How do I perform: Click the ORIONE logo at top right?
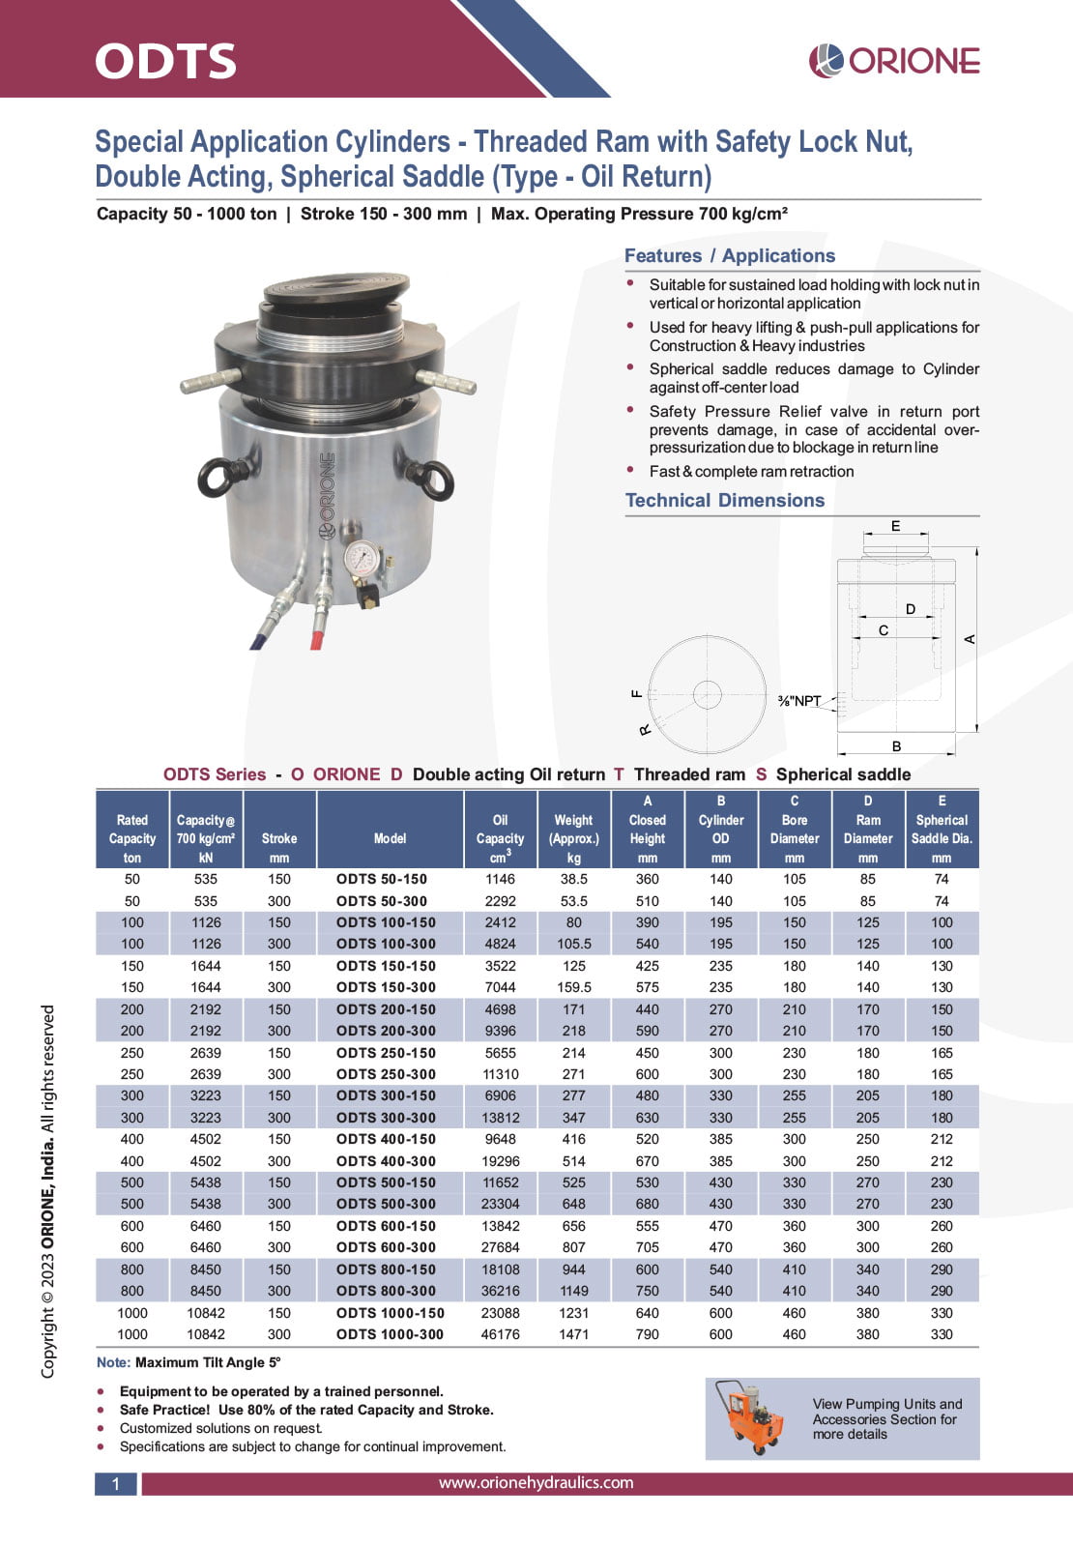click(894, 61)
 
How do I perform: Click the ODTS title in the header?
click(165, 61)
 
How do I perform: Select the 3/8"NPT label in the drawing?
click(799, 701)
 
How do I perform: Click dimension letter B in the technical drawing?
click(896, 746)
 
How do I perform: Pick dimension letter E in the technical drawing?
click(895, 526)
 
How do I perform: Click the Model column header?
click(390, 838)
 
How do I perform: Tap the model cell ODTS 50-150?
click(382, 879)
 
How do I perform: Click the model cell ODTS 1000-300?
click(390, 1334)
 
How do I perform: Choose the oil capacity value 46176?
click(500, 1334)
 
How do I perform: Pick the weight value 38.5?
click(573, 879)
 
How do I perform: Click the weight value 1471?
click(573, 1334)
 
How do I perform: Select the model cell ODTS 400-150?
click(386, 1139)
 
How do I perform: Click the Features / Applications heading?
click(729, 255)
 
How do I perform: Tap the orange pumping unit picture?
click(750, 1416)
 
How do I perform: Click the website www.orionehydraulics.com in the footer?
click(536, 1482)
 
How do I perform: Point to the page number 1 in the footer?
click(116, 1484)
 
